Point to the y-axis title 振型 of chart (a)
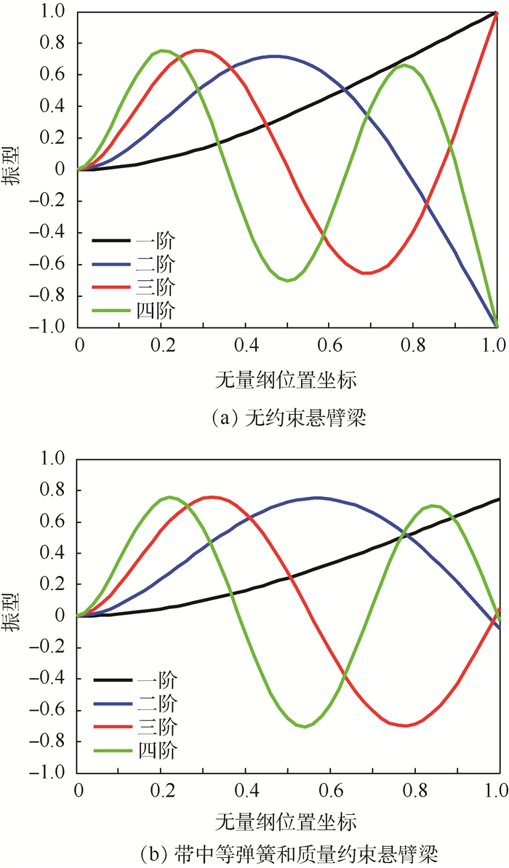[x=13, y=169]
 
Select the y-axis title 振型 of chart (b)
[x=13, y=615]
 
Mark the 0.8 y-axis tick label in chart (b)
[x=57, y=490]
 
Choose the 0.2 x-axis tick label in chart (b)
[x=161, y=789]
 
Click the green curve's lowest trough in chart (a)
[x=289, y=280]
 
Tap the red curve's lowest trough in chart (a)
[x=368, y=273]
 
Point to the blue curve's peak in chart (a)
[x=273, y=56]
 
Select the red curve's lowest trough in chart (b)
[x=406, y=725]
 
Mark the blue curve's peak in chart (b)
[x=316, y=498]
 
